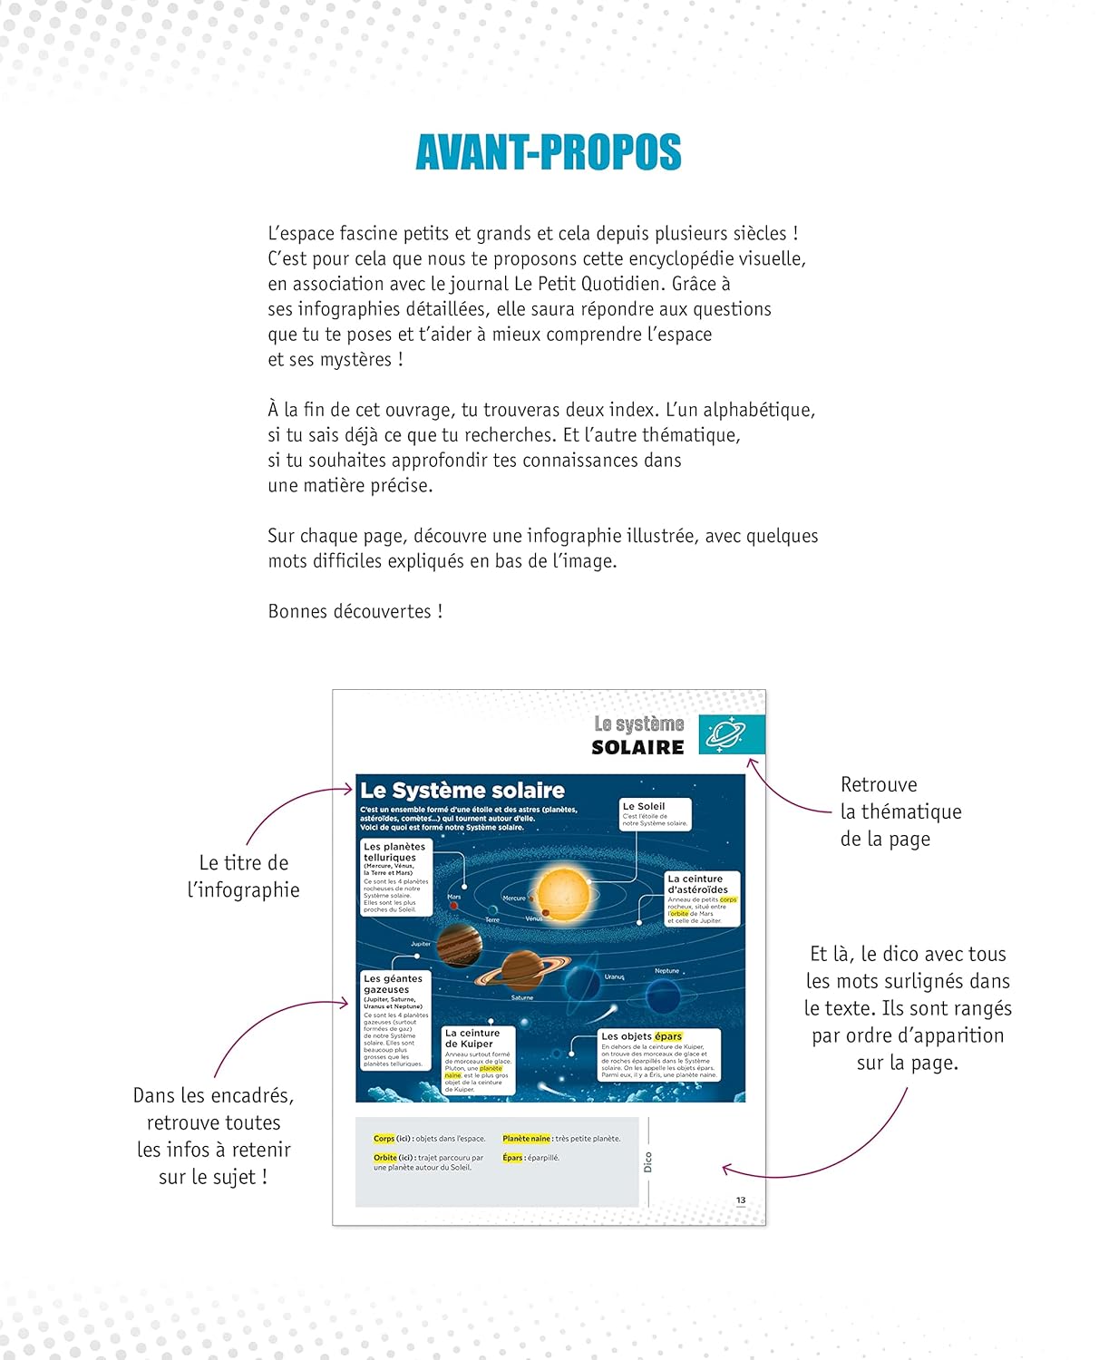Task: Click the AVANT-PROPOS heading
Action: (x=549, y=152)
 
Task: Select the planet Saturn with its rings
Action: (x=522, y=970)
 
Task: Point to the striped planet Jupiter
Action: (x=459, y=946)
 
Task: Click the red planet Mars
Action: (x=454, y=905)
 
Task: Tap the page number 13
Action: (x=741, y=1200)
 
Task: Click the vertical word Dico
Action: (x=647, y=1162)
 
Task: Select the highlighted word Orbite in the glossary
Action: (x=385, y=1158)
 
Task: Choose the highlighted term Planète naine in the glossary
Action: (x=527, y=1139)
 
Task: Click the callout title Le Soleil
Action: (x=644, y=806)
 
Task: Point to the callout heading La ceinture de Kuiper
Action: (x=472, y=1038)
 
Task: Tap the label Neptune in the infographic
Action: (x=666, y=971)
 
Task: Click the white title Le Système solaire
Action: (x=462, y=791)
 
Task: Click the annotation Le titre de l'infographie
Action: (x=244, y=876)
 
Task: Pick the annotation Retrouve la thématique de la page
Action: (x=900, y=811)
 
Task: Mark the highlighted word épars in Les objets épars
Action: (x=668, y=1036)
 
